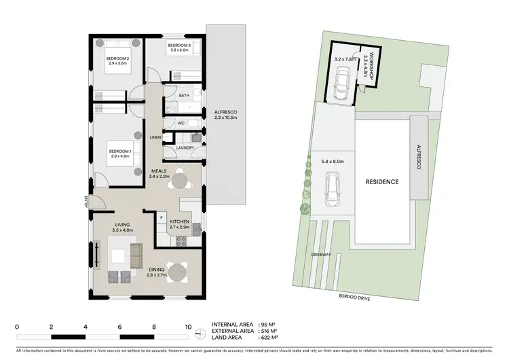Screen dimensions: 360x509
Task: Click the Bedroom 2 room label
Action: tap(117, 58)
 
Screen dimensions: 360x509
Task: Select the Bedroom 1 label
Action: tap(119, 151)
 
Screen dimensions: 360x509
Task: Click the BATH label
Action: tap(183, 96)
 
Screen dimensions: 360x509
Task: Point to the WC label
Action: tap(181, 123)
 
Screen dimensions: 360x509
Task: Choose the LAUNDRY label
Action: tap(185, 147)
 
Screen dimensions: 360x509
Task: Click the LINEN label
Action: tap(155, 137)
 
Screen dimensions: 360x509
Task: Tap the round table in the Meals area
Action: tap(179, 181)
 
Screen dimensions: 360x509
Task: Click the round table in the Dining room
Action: tap(178, 271)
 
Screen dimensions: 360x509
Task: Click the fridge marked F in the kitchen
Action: tap(162, 219)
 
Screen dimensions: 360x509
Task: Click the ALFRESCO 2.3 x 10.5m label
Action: tap(224, 115)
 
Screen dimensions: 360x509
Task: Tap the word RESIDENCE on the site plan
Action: tap(382, 182)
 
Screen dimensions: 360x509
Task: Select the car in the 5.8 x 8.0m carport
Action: tap(333, 190)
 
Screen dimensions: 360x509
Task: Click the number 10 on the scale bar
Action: tap(188, 326)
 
